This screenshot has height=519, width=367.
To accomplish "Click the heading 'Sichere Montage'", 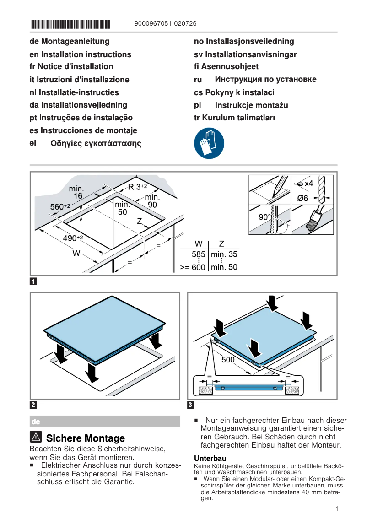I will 86,438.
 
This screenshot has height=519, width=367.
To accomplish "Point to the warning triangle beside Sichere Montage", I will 36,438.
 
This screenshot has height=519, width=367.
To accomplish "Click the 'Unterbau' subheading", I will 210,458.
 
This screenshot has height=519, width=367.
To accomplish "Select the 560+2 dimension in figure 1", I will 59,207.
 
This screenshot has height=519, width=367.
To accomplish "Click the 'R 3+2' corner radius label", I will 137,187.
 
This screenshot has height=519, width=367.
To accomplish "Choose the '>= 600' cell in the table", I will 193,267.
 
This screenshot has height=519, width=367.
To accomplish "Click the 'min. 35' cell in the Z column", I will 224,254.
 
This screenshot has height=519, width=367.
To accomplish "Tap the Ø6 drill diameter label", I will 303,198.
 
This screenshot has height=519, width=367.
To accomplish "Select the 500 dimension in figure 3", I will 228,360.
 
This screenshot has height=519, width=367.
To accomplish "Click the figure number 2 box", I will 33,405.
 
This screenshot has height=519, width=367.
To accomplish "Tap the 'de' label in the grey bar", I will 35,421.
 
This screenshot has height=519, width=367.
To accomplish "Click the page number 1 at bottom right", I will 336,508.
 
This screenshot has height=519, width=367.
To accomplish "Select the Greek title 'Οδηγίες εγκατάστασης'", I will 96,143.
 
